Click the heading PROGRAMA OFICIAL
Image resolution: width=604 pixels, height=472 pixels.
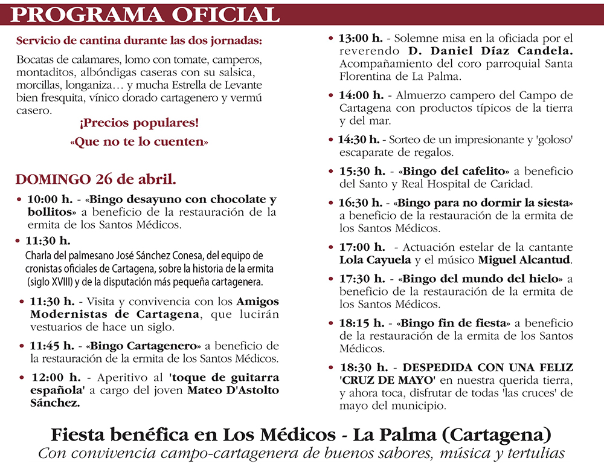tap(145, 13)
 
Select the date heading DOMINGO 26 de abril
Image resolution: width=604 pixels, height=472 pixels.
tap(96, 179)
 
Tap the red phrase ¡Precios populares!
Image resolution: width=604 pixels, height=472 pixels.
tap(139, 124)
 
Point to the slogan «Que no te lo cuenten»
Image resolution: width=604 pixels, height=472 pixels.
tap(139, 143)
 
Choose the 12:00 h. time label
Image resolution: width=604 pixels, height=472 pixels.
tap(56, 378)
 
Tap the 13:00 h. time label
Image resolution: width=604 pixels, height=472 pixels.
tap(360, 37)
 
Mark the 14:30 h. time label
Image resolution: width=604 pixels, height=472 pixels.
tap(359, 140)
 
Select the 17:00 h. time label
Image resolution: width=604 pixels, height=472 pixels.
tap(361, 247)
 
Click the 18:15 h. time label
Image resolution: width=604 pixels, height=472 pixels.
tap(360, 323)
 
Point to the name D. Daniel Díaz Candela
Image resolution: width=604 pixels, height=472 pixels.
tap(490, 51)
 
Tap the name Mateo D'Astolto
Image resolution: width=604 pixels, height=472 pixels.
tap(233, 390)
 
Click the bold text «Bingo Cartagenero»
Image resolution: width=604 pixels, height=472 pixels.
tap(144, 346)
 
